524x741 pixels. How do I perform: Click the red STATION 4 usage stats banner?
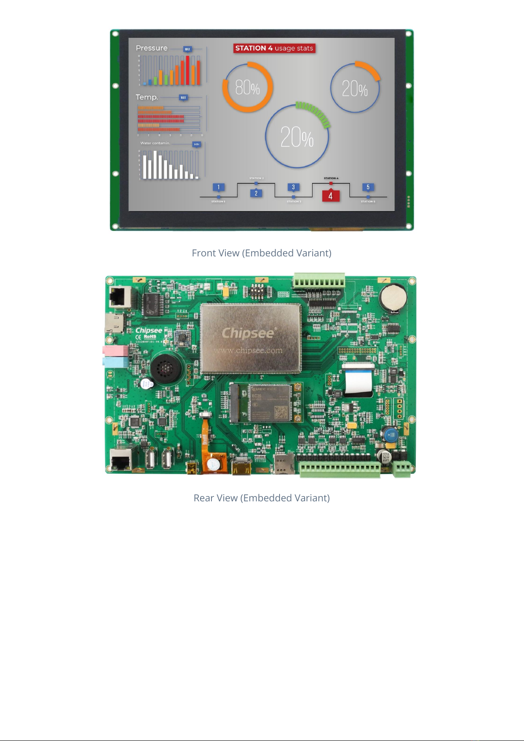pyautogui.click(x=274, y=48)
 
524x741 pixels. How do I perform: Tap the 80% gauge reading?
pyautogui.click(x=247, y=88)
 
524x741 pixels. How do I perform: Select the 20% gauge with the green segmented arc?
pyautogui.click(x=297, y=137)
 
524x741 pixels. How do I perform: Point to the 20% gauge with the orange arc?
pyautogui.click(x=355, y=88)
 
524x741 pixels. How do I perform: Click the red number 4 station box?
pyautogui.click(x=331, y=196)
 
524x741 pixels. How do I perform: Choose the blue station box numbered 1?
pyautogui.click(x=218, y=187)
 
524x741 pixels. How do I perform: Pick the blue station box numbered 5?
pyautogui.click(x=368, y=187)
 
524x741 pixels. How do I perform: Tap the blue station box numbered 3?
pyautogui.click(x=293, y=187)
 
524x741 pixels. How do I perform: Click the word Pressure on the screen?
pyautogui.click(x=152, y=48)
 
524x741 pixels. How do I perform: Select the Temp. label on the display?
pyautogui.click(x=147, y=97)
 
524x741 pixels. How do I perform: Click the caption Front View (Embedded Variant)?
pyautogui.click(x=262, y=253)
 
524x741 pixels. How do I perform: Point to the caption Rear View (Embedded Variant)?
pyautogui.click(x=262, y=498)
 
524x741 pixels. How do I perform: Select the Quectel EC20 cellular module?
pyautogui.click(x=269, y=402)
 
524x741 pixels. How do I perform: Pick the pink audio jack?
pyautogui.click(x=115, y=350)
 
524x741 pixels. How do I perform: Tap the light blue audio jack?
pyautogui.click(x=115, y=362)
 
